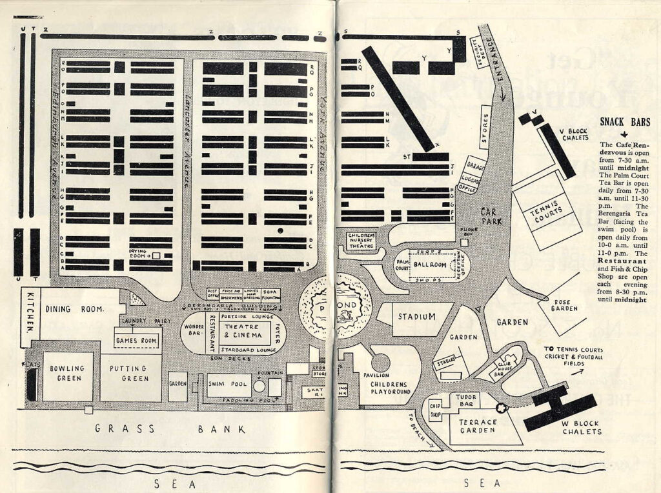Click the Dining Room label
pyautogui.click(x=75, y=310)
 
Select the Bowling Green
pyautogui.click(x=67, y=374)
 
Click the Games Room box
pyautogui.click(x=136, y=340)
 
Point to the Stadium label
pyautogui.click(x=416, y=317)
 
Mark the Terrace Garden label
pyautogui.click(x=478, y=427)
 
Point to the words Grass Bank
pyautogui.click(x=170, y=428)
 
